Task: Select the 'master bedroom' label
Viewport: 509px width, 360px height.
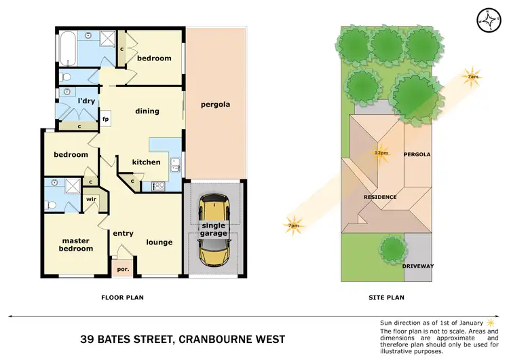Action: tap(77, 245)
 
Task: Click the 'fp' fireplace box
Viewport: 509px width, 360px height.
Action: tap(106, 120)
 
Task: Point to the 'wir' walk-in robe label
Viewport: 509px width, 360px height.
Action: tap(92, 199)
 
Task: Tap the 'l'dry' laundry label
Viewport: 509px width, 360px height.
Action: tap(85, 101)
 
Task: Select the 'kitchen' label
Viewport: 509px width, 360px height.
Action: tap(146, 162)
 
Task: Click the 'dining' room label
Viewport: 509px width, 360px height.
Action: tap(147, 111)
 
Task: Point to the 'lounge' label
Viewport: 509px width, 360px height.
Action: tap(159, 242)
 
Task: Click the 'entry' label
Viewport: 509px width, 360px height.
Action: tap(123, 234)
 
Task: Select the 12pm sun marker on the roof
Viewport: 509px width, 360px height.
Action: tap(381, 152)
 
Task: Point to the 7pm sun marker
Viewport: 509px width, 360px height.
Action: tap(294, 225)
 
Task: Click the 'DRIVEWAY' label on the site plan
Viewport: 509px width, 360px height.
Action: tap(419, 266)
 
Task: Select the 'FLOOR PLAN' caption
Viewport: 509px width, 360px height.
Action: tap(122, 297)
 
